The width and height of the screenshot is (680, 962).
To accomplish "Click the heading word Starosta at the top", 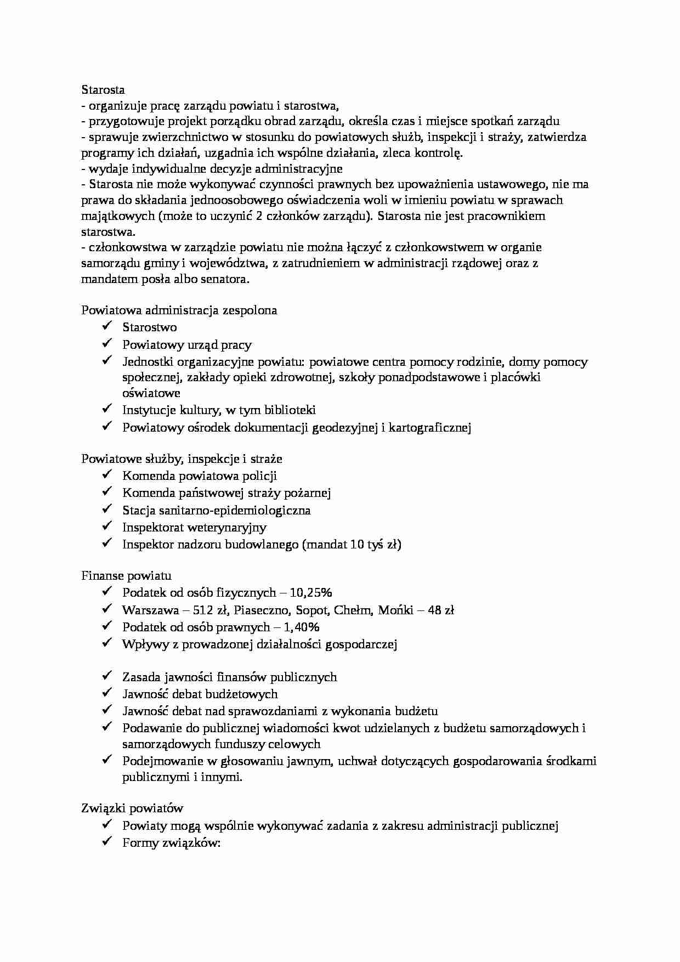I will (x=103, y=89).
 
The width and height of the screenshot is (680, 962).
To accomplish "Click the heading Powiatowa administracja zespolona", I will (x=179, y=310).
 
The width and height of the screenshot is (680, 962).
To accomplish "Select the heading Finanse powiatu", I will (x=126, y=576).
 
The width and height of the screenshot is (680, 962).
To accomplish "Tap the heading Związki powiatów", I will (x=132, y=808).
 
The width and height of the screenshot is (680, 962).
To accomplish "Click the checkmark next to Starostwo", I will (x=106, y=327).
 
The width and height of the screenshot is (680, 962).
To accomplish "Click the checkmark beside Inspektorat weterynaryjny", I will (x=106, y=527).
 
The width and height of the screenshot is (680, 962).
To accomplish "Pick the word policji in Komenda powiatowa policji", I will (x=258, y=476).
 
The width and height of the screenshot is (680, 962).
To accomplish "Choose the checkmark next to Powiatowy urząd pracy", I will (x=106, y=344).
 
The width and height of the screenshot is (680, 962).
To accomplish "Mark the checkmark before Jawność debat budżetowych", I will (x=106, y=694).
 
